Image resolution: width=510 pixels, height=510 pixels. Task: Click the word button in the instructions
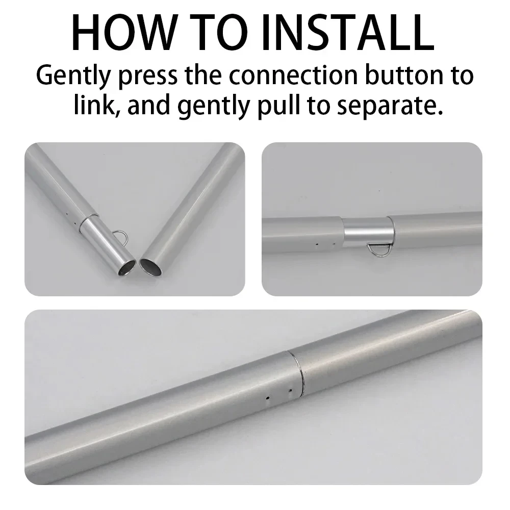click(x=403, y=75)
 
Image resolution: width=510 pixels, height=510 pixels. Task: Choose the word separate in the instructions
click(x=390, y=106)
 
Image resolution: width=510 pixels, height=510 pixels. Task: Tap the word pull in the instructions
click(x=279, y=106)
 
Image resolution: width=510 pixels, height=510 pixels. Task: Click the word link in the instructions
click(x=95, y=105)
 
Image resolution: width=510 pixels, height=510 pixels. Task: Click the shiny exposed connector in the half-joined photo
click(x=366, y=232)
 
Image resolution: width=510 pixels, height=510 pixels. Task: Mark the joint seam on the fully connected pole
click(x=296, y=373)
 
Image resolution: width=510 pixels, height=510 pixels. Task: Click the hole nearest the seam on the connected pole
click(x=290, y=390)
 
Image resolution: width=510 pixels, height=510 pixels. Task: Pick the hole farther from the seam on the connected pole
click(x=268, y=397)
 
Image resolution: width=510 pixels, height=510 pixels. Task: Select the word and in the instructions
click(x=149, y=105)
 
